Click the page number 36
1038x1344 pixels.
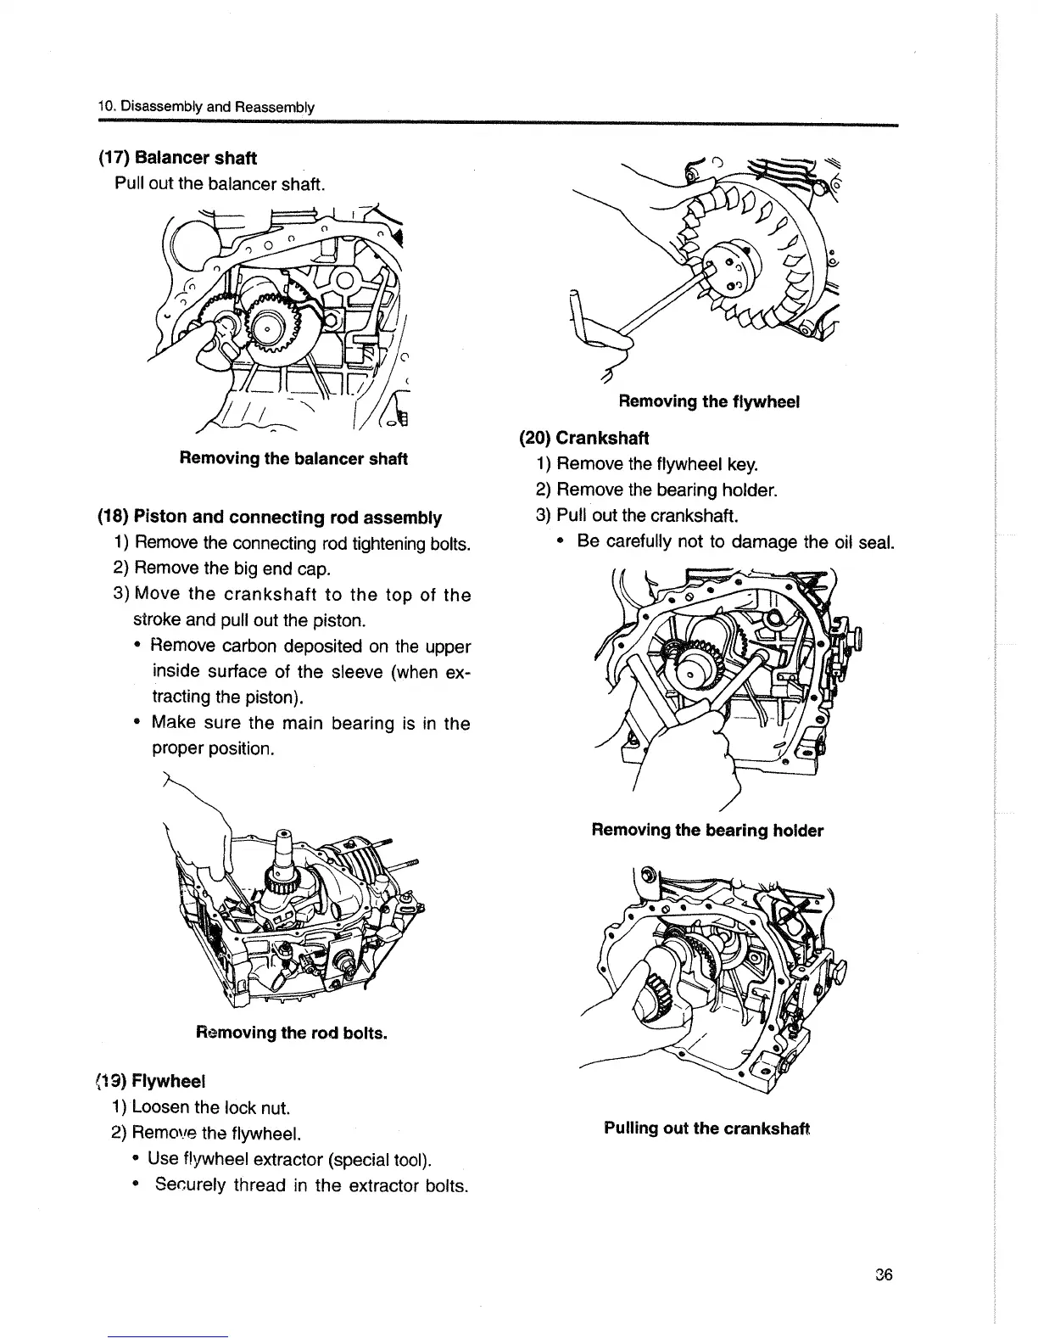(x=885, y=1275)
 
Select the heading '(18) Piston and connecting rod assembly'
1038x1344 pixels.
(x=271, y=517)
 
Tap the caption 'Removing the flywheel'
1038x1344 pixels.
(x=709, y=400)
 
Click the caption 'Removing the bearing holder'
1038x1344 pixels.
(x=707, y=830)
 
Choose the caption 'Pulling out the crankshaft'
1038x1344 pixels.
(x=707, y=1128)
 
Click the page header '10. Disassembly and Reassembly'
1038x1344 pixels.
(x=206, y=107)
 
